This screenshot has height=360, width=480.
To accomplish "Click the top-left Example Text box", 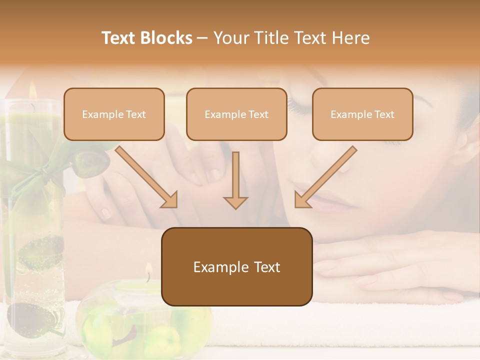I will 114,114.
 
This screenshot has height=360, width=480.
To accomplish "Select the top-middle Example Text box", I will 236,114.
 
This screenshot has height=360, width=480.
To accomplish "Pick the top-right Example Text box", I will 362,114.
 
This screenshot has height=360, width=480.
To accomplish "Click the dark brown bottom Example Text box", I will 237,266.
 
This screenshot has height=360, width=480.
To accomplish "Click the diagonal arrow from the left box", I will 147,177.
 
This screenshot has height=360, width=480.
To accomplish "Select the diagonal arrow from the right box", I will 324,178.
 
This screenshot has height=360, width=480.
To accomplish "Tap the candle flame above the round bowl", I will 148,271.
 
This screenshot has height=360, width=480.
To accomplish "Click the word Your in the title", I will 231,38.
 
